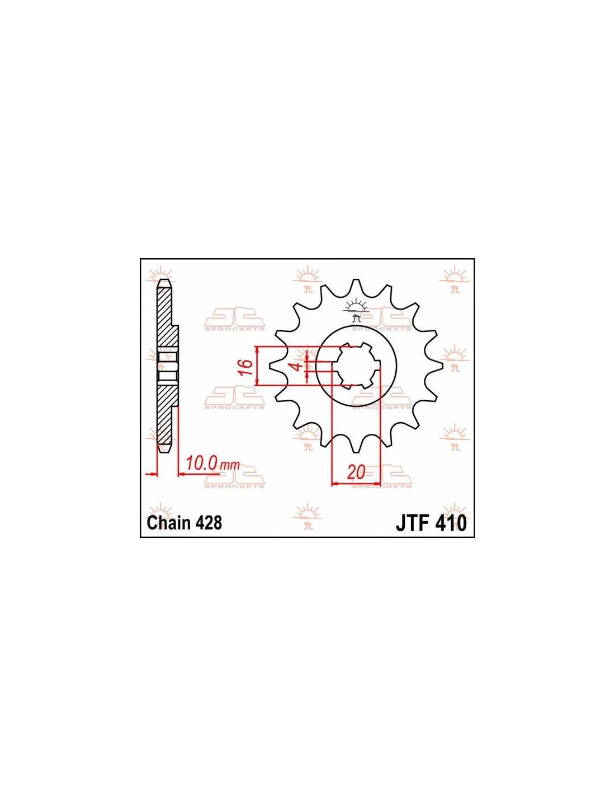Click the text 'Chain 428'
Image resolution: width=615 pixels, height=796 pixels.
(184, 523)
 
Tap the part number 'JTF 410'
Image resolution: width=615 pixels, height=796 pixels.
(431, 523)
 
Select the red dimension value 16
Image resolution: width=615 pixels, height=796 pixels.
(247, 367)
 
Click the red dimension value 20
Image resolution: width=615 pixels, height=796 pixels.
(356, 472)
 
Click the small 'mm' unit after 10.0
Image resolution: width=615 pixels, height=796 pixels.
(230, 466)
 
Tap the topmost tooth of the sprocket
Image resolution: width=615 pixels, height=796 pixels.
(354, 286)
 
